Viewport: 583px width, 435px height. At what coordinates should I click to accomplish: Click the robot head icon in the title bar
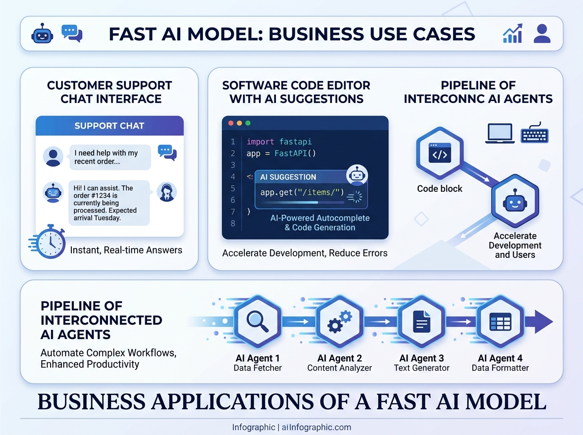coord(41,34)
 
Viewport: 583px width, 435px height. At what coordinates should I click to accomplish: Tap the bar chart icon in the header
coord(513,33)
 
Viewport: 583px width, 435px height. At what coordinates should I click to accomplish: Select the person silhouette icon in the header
coord(542,33)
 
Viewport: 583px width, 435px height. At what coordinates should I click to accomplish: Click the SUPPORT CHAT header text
coord(109,126)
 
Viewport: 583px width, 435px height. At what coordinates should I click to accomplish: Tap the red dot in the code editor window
coord(231,123)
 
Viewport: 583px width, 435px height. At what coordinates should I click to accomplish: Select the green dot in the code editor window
coord(248,123)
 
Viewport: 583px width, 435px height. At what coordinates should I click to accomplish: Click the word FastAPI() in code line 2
coord(295,153)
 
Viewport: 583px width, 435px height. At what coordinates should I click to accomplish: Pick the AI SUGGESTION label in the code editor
coord(288,177)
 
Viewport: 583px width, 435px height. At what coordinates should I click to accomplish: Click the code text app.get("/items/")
coord(302,192)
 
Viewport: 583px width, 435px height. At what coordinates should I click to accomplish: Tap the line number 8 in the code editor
coord(233,223)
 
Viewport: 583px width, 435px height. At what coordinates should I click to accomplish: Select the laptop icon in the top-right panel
coord(499,133)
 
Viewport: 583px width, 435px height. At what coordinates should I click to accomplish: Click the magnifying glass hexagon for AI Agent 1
coord(257,321)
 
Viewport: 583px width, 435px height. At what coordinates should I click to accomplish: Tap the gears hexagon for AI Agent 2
coord(340,321)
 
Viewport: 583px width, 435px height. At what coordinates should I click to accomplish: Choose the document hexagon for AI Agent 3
coord(421,321)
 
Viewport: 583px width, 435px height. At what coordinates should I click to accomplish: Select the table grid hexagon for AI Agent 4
coord(500,321)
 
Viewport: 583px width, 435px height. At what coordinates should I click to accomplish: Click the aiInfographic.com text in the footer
coord(316,428)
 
